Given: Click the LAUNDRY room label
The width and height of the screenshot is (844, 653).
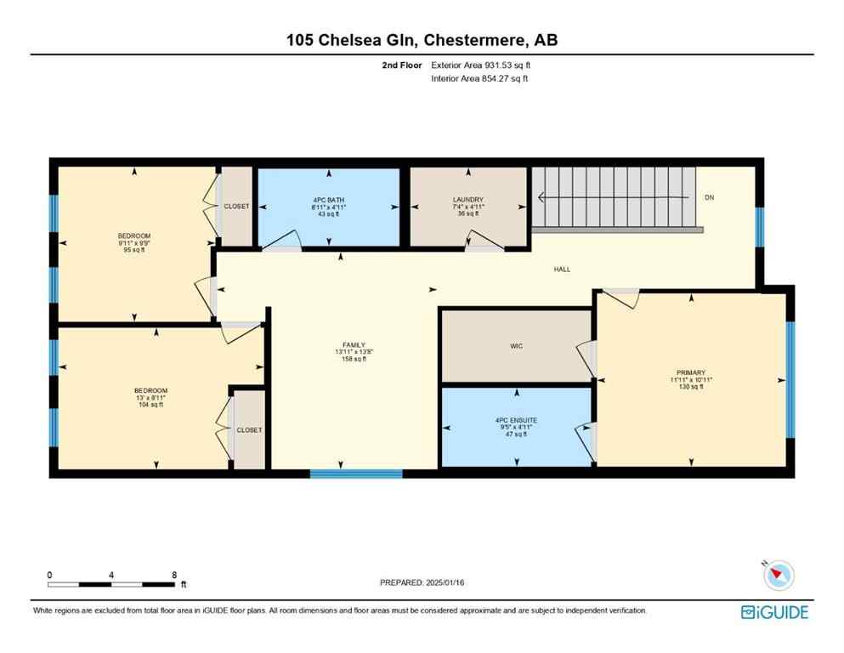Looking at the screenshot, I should tap(467, 200).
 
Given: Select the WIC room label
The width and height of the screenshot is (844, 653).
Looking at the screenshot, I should tap(516, 346).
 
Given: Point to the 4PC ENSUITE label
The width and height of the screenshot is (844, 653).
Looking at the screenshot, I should tap(516, 420).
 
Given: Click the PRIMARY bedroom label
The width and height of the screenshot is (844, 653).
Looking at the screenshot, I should tap(690, 372).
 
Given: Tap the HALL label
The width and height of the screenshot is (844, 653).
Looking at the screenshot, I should tap(562, 270).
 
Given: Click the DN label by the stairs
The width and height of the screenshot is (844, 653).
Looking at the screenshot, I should tap(709, 198).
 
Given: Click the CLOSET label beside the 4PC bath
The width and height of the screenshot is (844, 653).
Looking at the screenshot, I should tap(236, 206).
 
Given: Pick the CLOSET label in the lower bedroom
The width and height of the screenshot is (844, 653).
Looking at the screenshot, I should tap(249, 430).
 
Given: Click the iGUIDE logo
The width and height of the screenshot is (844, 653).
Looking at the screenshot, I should tap(774, 612).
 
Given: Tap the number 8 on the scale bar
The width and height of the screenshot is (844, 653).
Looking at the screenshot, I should tap(174, 575).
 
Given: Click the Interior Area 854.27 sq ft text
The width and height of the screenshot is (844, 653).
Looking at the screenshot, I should tap(479, 78).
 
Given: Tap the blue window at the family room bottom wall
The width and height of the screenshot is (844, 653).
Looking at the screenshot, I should tap(344, 474).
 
